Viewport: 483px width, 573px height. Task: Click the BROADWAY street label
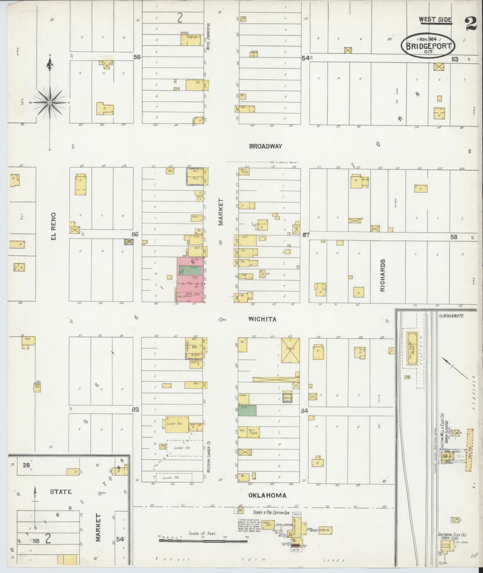coord(266,146)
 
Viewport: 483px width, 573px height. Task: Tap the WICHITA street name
coord(262,319)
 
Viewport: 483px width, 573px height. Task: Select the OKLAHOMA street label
coord(267,495)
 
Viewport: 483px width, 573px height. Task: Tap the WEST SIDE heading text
coord(435,20)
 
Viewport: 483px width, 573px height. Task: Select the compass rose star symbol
coord(50,103)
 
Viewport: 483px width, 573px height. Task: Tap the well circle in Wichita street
coord(221,320)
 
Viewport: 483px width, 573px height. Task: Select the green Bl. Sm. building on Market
coord(247,410)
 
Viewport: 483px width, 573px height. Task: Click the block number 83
coord(135,409)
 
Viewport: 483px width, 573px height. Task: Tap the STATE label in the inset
coord(61,492)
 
